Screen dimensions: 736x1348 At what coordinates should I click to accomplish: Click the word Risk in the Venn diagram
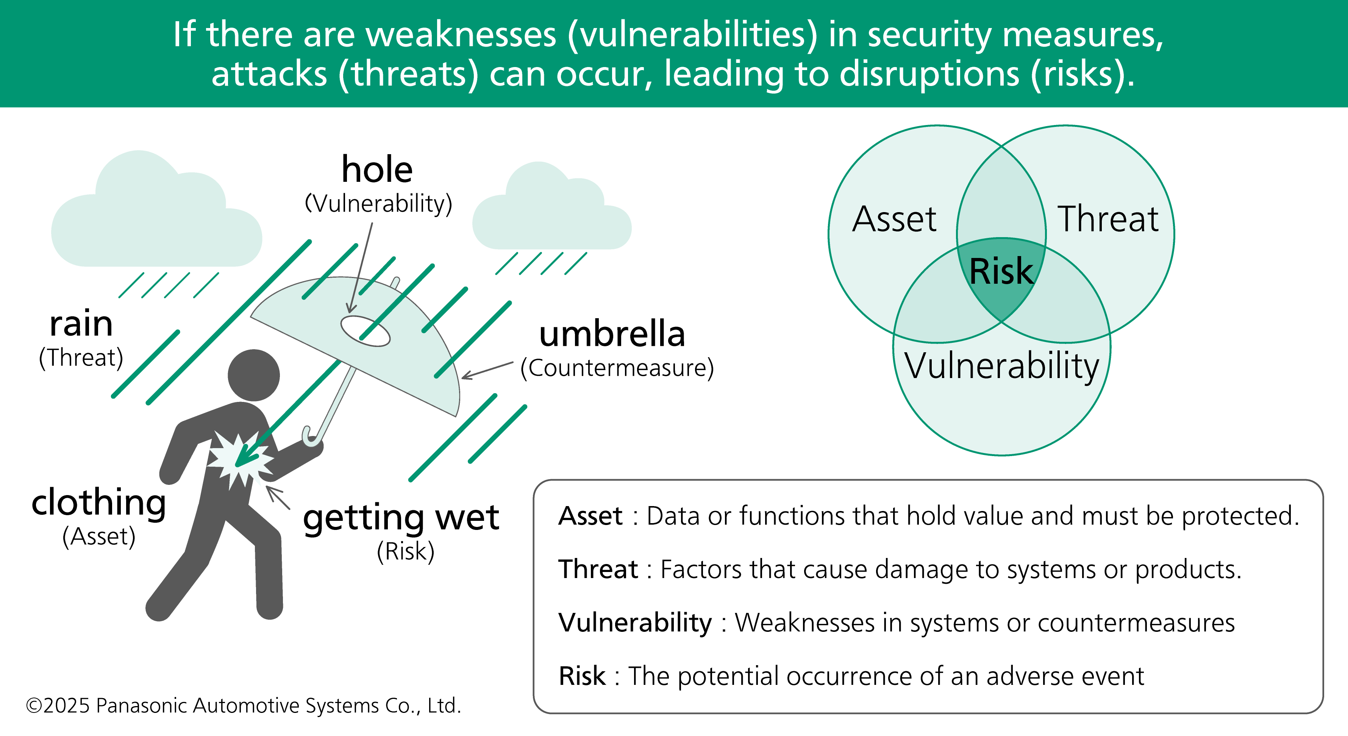1001,271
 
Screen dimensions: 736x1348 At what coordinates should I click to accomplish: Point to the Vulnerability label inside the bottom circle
1001,366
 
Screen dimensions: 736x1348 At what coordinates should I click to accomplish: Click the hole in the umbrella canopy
365,331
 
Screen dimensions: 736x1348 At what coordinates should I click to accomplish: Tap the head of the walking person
254,375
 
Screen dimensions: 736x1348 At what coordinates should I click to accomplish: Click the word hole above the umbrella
377,170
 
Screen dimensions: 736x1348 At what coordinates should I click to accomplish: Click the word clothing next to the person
98,503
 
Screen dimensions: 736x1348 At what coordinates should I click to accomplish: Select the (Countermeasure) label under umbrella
617,368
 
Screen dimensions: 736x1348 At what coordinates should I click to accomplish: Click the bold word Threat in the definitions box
598,569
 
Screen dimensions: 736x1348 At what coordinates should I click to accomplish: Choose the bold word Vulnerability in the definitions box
635,622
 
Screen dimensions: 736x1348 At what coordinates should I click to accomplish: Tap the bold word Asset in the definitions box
590,516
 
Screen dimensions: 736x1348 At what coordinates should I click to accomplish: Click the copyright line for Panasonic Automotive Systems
243,706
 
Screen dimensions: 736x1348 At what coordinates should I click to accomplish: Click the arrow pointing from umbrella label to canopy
487,370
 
